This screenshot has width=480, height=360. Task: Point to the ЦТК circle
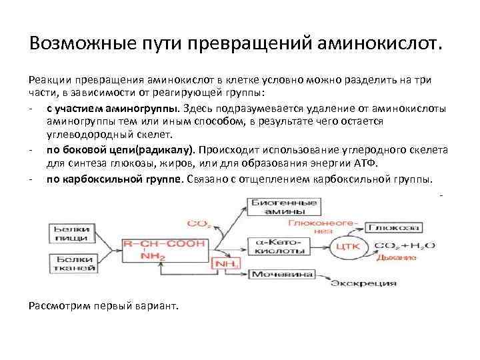click(x=349, y=246)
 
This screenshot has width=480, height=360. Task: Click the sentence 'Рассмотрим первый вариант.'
click(x=105, y=305)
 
